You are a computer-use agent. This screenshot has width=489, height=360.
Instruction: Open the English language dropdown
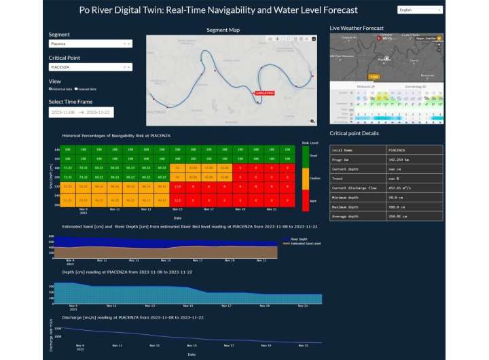click(x=419, y=10)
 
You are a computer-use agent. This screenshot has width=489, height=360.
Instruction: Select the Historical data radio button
click(x=50, y=89)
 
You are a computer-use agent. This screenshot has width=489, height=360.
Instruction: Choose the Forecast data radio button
click(x=76, y=89)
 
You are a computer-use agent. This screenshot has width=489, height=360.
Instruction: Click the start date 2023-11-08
click(x=62, y=112)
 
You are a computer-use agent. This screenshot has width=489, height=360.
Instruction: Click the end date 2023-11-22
click(x=98, y=112)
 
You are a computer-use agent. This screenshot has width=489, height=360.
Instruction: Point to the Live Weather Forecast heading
click(x=357, y=28)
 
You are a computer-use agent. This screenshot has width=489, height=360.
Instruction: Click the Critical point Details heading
click(x=354, y=133)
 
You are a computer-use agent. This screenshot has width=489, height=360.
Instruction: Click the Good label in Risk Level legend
click(x=313, y=156)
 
